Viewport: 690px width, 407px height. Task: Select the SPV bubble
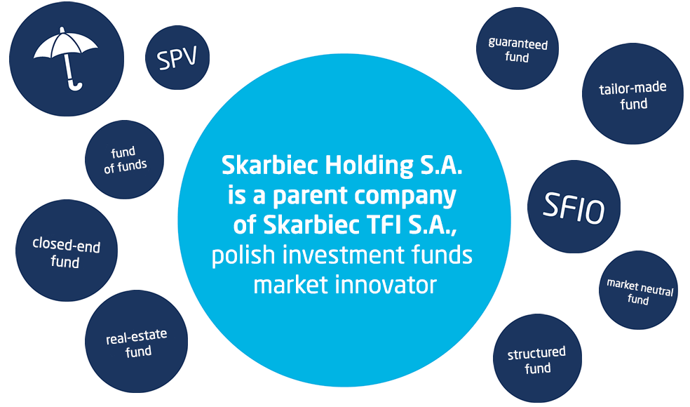[x=177, y=58]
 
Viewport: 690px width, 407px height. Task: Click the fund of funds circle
[x=125, y=159]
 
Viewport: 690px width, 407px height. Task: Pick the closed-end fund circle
[x=67, y=251]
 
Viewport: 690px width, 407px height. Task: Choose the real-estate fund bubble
[x=137, y=341]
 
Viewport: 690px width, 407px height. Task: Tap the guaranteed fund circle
[x=517, y=48]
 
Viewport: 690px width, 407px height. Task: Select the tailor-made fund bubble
[x=632, y=93]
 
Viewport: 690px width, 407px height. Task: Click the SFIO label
[x=574, y=208]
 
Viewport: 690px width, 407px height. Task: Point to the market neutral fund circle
[x=639, y=291]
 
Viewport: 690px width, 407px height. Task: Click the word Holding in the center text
[x=370, y=166]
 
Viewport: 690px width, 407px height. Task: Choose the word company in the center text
[x=405, y=196]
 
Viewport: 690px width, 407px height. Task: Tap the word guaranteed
[x=518, y=44]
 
